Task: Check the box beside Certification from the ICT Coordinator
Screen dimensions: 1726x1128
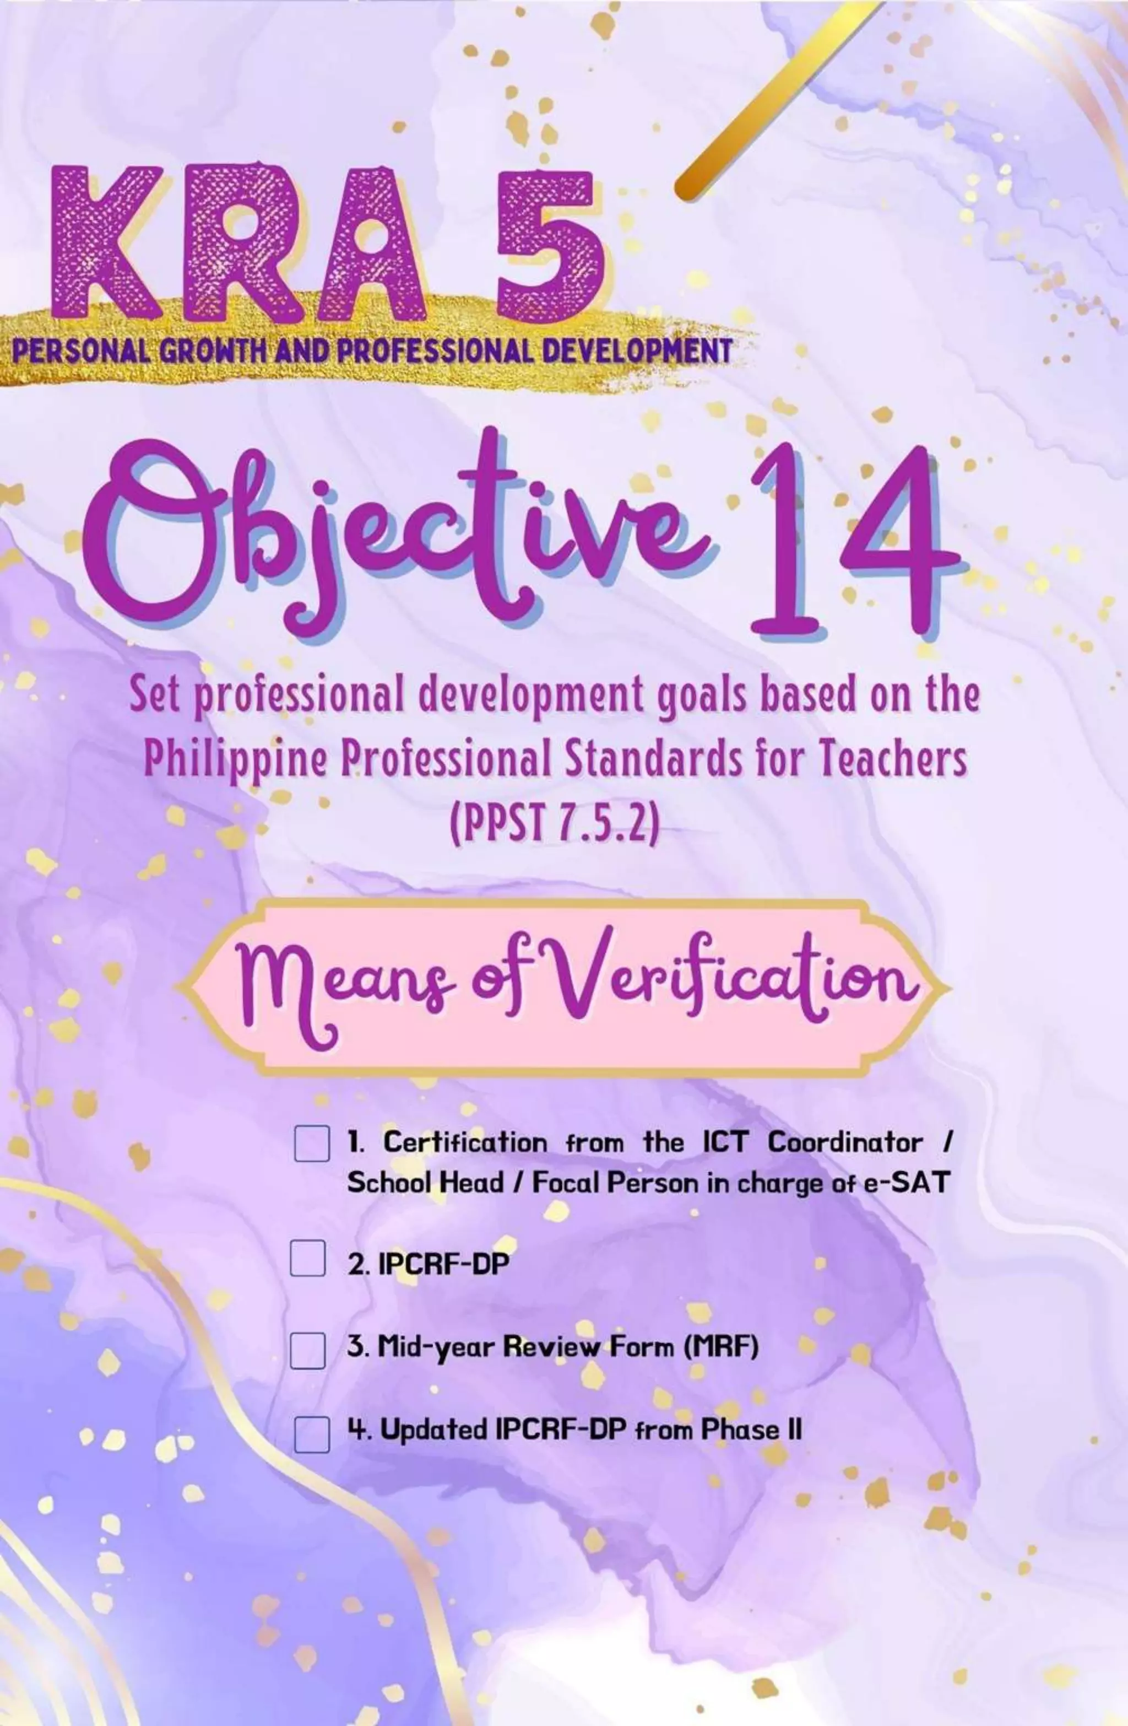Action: point(312,1143)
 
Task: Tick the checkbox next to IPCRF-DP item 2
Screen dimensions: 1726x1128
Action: point(307,1257)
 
